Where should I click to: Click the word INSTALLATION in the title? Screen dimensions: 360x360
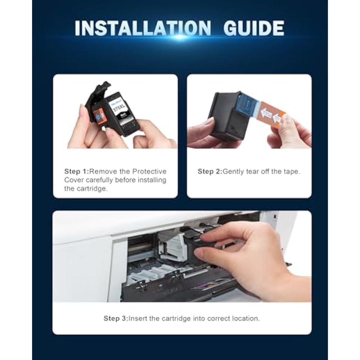point(143,28)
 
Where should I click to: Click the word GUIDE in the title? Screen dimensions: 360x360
point(254,28)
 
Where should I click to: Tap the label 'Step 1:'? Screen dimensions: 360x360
point(77,171)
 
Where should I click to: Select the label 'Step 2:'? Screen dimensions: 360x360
point(210,171)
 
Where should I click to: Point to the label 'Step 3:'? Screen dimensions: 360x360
point(116,318)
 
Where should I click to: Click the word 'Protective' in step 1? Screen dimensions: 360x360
point(150,171)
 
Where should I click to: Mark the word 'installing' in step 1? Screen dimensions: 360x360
point(152,180)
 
